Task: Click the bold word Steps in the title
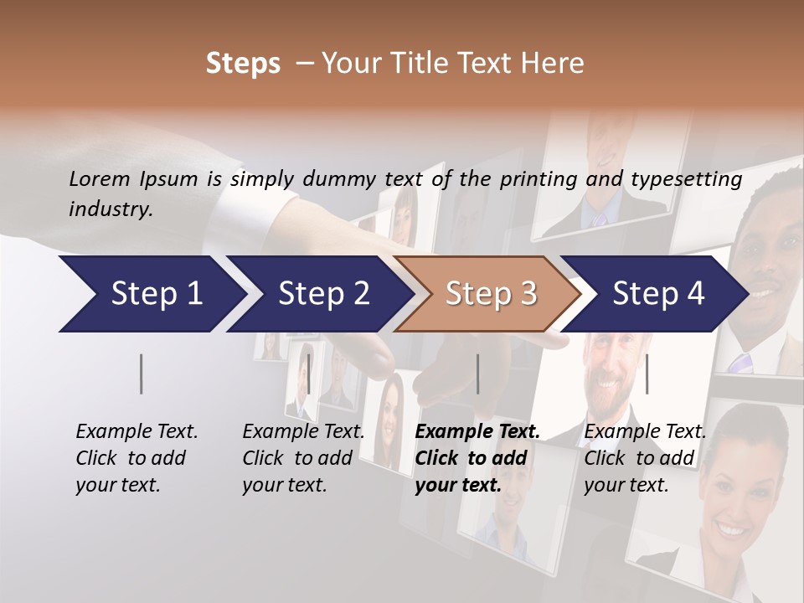[x=243, y=63]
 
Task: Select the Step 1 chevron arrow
[x=151, y=294]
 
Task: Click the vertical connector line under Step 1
[x=142, y=374]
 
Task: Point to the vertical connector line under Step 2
[x=308, y=374]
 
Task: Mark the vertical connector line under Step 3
[x=478, y=374]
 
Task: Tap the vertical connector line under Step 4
[x=647, y=374]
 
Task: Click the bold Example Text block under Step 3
[x=477, y=458]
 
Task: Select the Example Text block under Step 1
[x=137, y=458]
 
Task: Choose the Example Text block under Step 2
[x=303, y=458]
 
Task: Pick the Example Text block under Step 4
[x=645, y=458]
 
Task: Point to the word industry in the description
[x=111, y=209]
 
